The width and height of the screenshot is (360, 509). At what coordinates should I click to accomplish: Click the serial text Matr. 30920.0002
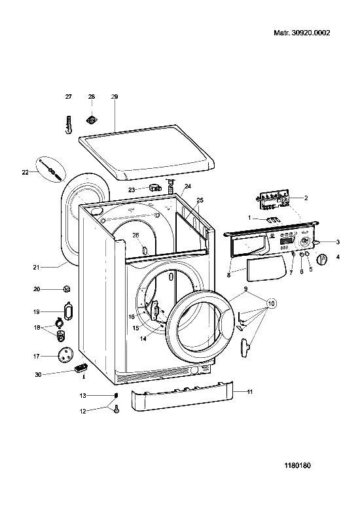(x=302, y=33)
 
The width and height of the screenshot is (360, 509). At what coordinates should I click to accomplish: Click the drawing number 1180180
(x=298, y=466)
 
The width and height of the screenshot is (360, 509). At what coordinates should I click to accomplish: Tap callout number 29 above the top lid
(x=115, y=96)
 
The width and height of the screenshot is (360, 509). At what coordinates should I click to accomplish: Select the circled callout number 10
(x=271, y=304)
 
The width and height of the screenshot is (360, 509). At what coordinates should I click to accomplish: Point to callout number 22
(x=26, y=172)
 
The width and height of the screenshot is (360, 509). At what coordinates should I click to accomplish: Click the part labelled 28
(x=92, y=120)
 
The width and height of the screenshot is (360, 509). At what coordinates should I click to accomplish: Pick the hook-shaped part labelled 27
(x=69, y=124)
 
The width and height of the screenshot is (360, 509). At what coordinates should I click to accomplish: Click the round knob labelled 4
(x=322, y=259)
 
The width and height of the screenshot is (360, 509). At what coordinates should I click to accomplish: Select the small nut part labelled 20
(x=67, y=289)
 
